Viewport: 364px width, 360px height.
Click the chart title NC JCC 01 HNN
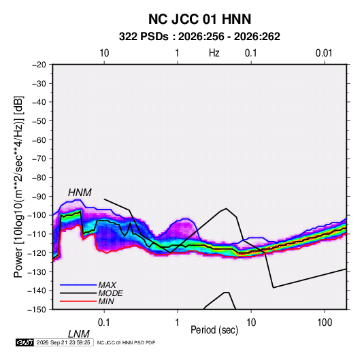[x=199, y=19]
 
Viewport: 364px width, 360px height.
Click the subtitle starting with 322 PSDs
[x=199, y=37]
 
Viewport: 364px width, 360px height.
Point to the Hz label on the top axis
[x=214, y=53]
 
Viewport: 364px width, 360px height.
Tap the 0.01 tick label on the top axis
[x=324, y=53]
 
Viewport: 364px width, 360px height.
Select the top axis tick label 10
[x=104, y=53]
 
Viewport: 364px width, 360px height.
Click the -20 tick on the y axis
[x=39, y=65]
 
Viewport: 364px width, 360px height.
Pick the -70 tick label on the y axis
[x=39, y=159]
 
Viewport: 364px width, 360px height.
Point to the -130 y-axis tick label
[x=37, y=272]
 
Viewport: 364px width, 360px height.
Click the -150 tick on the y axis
[x=37, y=310]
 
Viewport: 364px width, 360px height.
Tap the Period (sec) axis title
[x=214, y=330]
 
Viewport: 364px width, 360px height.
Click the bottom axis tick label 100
[x=325, y=323]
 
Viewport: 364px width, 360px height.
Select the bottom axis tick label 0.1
[x=104, y=323]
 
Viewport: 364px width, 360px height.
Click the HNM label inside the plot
[x=80, y=193]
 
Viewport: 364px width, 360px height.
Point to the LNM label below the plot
[x=79, y=334]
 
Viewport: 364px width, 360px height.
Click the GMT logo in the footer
[x=25, y=342]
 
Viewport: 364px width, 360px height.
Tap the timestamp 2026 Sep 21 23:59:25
[x=63, y=342]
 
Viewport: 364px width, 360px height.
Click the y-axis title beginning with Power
[x=18, y=187]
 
